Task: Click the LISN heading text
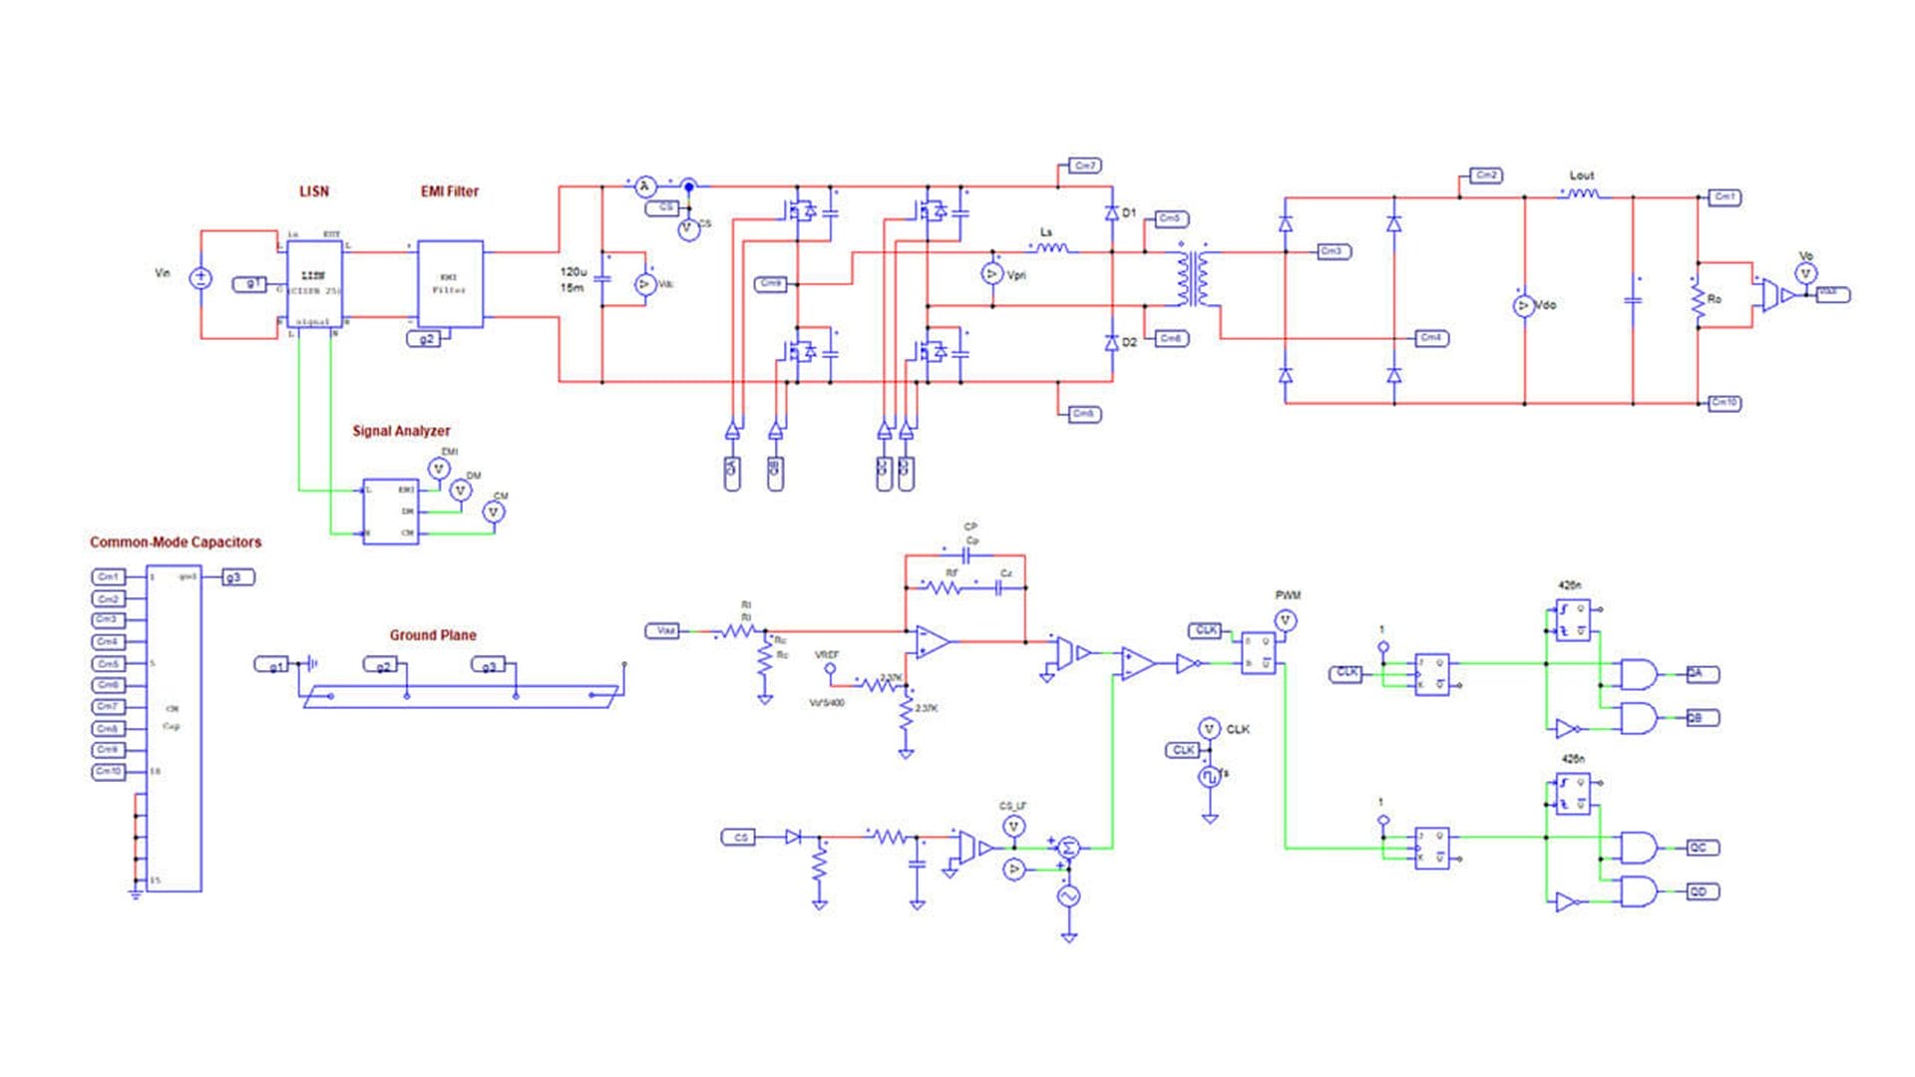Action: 314,191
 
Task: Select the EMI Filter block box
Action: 450,284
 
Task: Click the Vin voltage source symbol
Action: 200,278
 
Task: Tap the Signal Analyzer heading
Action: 401,431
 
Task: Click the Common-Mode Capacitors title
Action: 176,542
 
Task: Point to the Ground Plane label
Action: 433,635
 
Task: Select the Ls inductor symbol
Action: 1052,248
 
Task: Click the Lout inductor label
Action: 1582,176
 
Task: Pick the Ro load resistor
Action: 1698,299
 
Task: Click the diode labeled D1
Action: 1112,213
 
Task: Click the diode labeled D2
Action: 1112,343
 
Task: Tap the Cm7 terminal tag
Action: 1084,166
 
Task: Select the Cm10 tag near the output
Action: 1724,403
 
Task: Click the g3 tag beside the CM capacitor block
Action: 237,577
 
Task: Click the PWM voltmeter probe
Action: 1286,620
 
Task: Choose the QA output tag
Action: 1701,674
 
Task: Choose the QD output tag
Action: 1701,892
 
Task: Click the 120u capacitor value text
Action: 574,271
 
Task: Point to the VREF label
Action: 827,655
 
